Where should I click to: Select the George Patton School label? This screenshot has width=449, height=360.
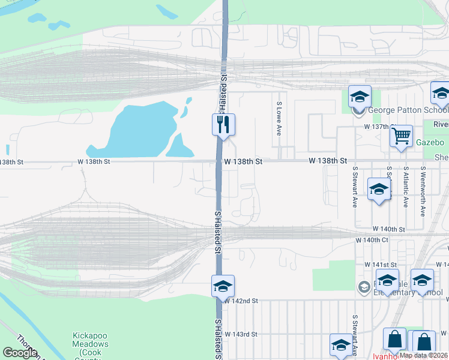click(x=408, y=110)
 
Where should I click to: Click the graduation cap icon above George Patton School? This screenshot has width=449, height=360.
click(x=360, y=97)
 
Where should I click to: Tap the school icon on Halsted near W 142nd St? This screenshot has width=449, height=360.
click(x=223, y=286)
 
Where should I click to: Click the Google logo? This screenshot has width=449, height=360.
click(x=19, y=352)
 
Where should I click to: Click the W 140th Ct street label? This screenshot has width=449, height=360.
click(x=372, y=240)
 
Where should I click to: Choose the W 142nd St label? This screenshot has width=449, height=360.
click(x=241, y=301)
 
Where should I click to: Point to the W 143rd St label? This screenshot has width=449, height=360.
click(x=241, y=334)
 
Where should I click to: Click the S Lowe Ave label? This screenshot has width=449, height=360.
click(x=279, y=118)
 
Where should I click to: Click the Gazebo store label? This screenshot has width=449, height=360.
click(x=430, y=143)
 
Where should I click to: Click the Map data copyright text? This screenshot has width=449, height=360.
click(x=423, y=355)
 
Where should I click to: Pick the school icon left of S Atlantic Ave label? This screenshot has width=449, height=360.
click(x=379, y=190)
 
